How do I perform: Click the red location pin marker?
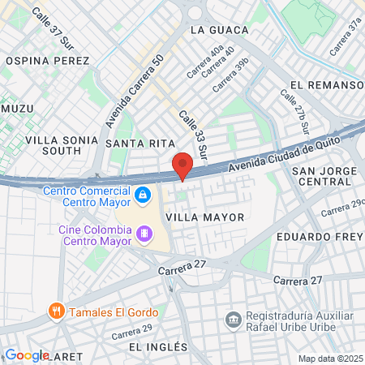click(x=182, y=165)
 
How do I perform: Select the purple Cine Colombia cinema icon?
click(x=145, y=234)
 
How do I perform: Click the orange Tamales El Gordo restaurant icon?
click(x=56, y=309)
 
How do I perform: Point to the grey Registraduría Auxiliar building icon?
click(x=234, y=317)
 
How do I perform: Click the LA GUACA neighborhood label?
click(x=218, y=30)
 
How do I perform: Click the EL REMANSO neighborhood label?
click(x=326, y=84)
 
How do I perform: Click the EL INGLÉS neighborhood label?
click(x=158, y=346)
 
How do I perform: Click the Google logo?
click(x=27, y=354)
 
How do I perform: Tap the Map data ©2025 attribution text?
click(x=330, y=359)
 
